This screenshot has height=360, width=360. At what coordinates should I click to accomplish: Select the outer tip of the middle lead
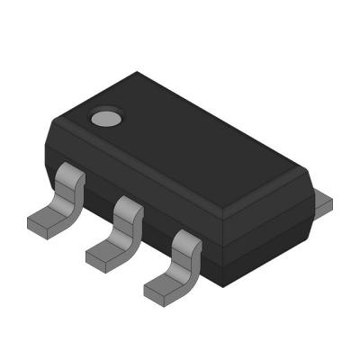pyautogui.click(x=88, y=259)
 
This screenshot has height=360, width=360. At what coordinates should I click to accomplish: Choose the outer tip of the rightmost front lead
pyautogui.click(x=147, y=292)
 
